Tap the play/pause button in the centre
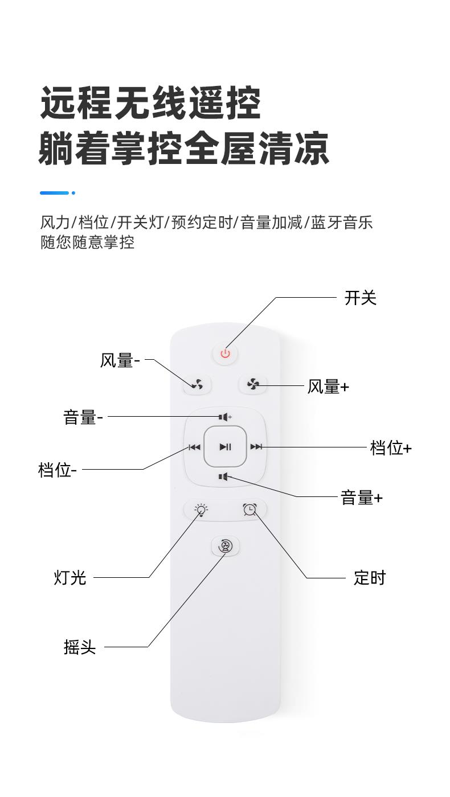[226, 447]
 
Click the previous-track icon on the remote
[195, 447]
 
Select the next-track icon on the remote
[256, 447]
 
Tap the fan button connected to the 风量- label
[197, 385]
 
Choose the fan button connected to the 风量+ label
[253, 385]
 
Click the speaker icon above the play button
[225, 417]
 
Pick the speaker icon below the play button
[223, 476]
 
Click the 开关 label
[360, 298]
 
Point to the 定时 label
[369, 578]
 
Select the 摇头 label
[80, 647]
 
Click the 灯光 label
[70, 578]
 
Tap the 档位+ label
[390, 448]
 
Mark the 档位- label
[58, 470]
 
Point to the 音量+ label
[361, 498]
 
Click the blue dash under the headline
[55, 193]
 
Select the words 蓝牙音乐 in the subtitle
[342, 222]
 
